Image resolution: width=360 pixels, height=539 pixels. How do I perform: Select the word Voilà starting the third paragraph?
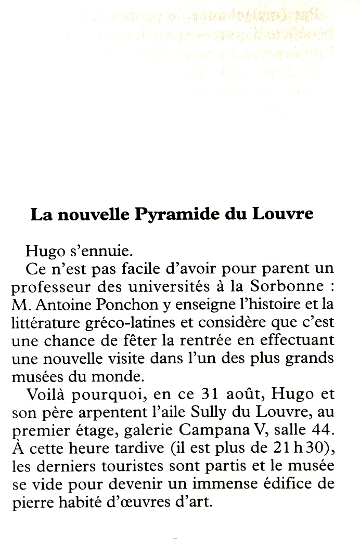point(44,395)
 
